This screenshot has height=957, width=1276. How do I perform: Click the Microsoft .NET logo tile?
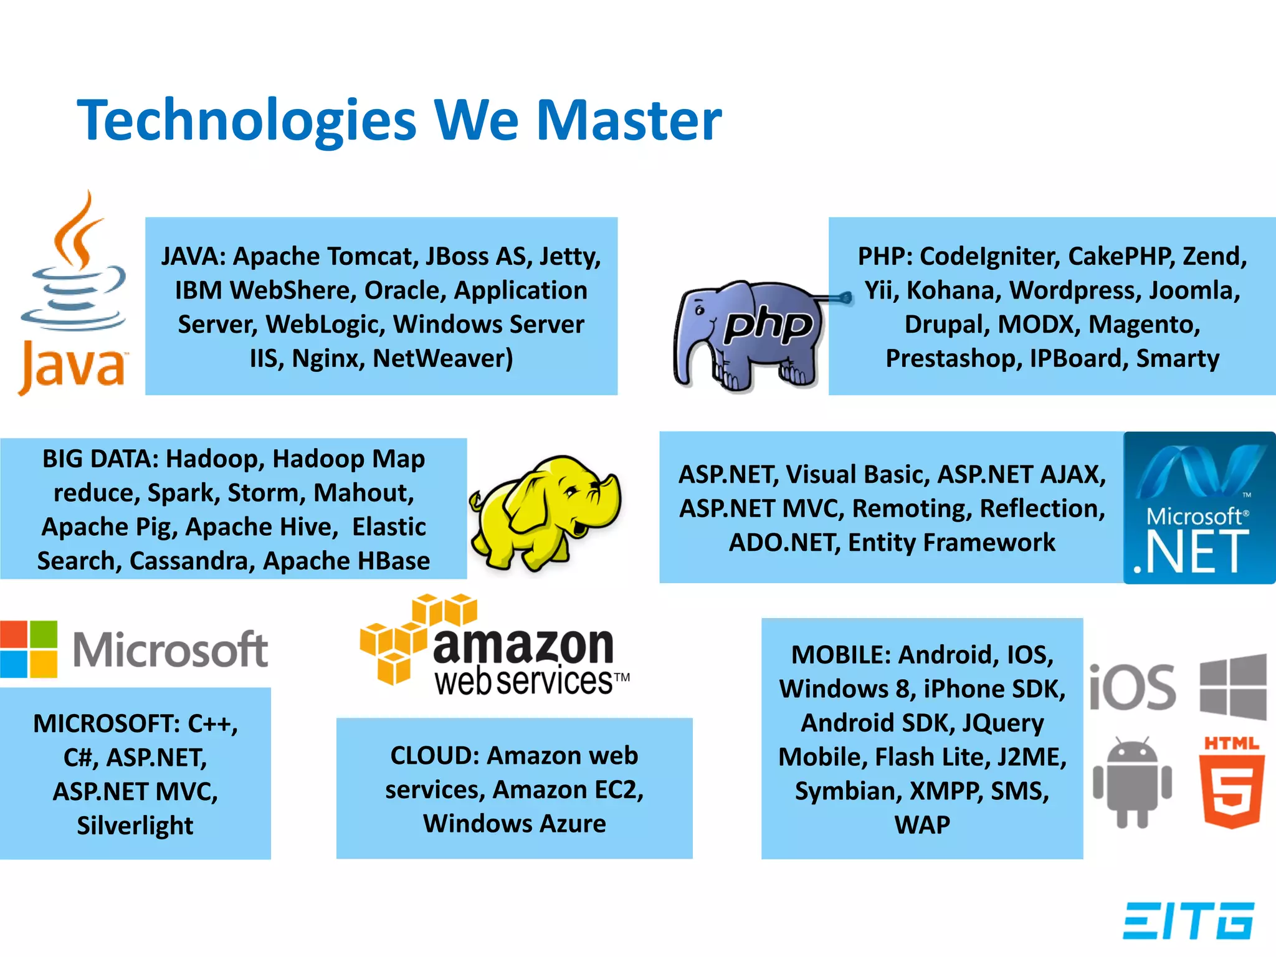[1199, 508]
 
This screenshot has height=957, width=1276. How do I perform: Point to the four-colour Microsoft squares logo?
[29, 649]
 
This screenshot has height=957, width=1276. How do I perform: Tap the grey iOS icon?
[1132, 687]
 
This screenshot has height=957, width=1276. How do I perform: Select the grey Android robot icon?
[1132, 782]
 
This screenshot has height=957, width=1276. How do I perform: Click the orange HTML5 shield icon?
[1232, 782]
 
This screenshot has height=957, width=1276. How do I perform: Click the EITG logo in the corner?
[1188, 920]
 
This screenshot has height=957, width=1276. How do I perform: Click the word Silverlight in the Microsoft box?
[135, 826]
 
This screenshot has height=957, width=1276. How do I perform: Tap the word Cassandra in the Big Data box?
[192, 561]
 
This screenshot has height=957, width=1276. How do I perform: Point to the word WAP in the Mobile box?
[922, 825]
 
